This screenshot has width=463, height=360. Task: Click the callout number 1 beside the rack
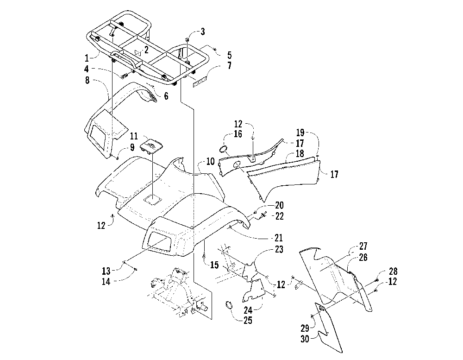[87, 58]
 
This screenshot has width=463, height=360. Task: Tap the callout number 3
[203, 32]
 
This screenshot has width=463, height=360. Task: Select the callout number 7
[230, 65]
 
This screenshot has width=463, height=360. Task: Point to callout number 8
[88, 80]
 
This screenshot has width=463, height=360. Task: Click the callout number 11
[134, 136]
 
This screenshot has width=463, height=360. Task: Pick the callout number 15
[215, 265]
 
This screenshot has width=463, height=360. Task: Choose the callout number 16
[238, 134]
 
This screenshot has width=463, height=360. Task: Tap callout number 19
[300, 133]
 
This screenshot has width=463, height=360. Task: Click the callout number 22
[279, 216]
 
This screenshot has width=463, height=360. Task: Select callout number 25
[248, 320]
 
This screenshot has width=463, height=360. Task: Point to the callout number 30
[305, 339]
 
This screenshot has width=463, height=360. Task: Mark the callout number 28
[393, 271]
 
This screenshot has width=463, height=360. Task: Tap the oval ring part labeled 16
[224, 149]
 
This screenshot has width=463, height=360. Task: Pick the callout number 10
[210, 161]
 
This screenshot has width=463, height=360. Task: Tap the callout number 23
[279, 249]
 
